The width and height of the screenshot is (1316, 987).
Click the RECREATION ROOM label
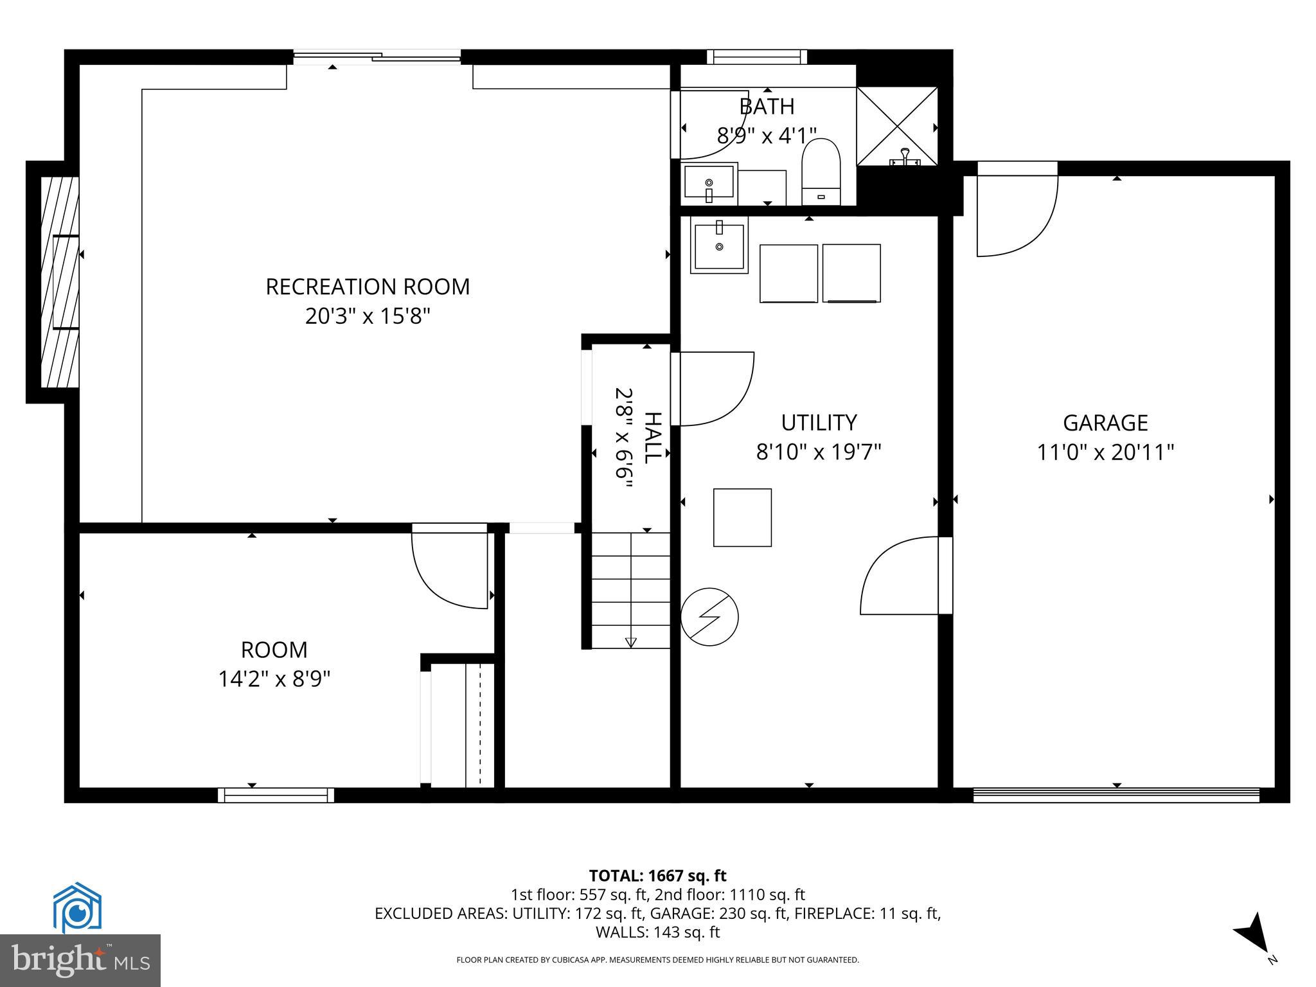pos(368,287)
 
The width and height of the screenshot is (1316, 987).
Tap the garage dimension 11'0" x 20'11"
pos(1105,453)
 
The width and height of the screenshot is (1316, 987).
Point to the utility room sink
pos(719,245)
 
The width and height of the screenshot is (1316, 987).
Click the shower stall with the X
pos(897,126)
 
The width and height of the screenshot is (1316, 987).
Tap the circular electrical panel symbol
pos(709,617)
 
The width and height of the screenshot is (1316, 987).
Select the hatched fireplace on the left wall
pos(59,282)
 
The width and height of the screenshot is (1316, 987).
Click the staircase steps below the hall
pos(630,590)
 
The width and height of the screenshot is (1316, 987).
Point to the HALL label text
pos(652,438)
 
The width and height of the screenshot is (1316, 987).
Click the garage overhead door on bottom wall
pos(1116,796)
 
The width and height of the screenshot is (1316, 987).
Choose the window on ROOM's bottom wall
pos(276,796)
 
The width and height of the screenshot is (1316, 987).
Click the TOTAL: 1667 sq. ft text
pos(657,876)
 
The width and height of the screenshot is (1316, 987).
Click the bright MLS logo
pos(80,960)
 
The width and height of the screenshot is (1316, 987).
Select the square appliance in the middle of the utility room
pos(742,517)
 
